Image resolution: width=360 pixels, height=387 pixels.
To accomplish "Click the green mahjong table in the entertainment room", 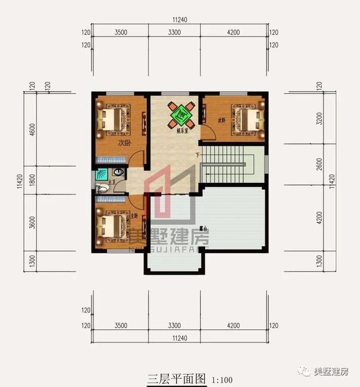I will click(x=181, y=115).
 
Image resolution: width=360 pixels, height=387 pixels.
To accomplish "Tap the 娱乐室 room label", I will click(x=181, y=132).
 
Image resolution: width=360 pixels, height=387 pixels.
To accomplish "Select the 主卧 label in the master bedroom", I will click(x=134, y=215).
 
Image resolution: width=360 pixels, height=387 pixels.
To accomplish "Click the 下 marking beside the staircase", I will click(x=197, y=155).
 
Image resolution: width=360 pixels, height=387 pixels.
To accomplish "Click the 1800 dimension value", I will click(x=33, y=179).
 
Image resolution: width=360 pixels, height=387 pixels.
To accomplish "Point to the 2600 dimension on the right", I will click(x=319, y=167).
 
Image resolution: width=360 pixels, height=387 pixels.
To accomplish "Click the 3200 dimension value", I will click(x=319, y=119).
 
